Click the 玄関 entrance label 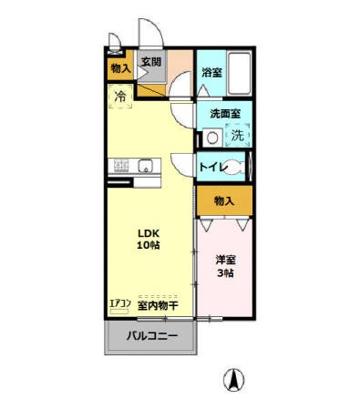point(150,62)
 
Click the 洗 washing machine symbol point(236,136)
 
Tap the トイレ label point(213,168)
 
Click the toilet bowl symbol point(235,167)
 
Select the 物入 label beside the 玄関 point(119,68)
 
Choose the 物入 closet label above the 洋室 point(224,200)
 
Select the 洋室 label point(225,261)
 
